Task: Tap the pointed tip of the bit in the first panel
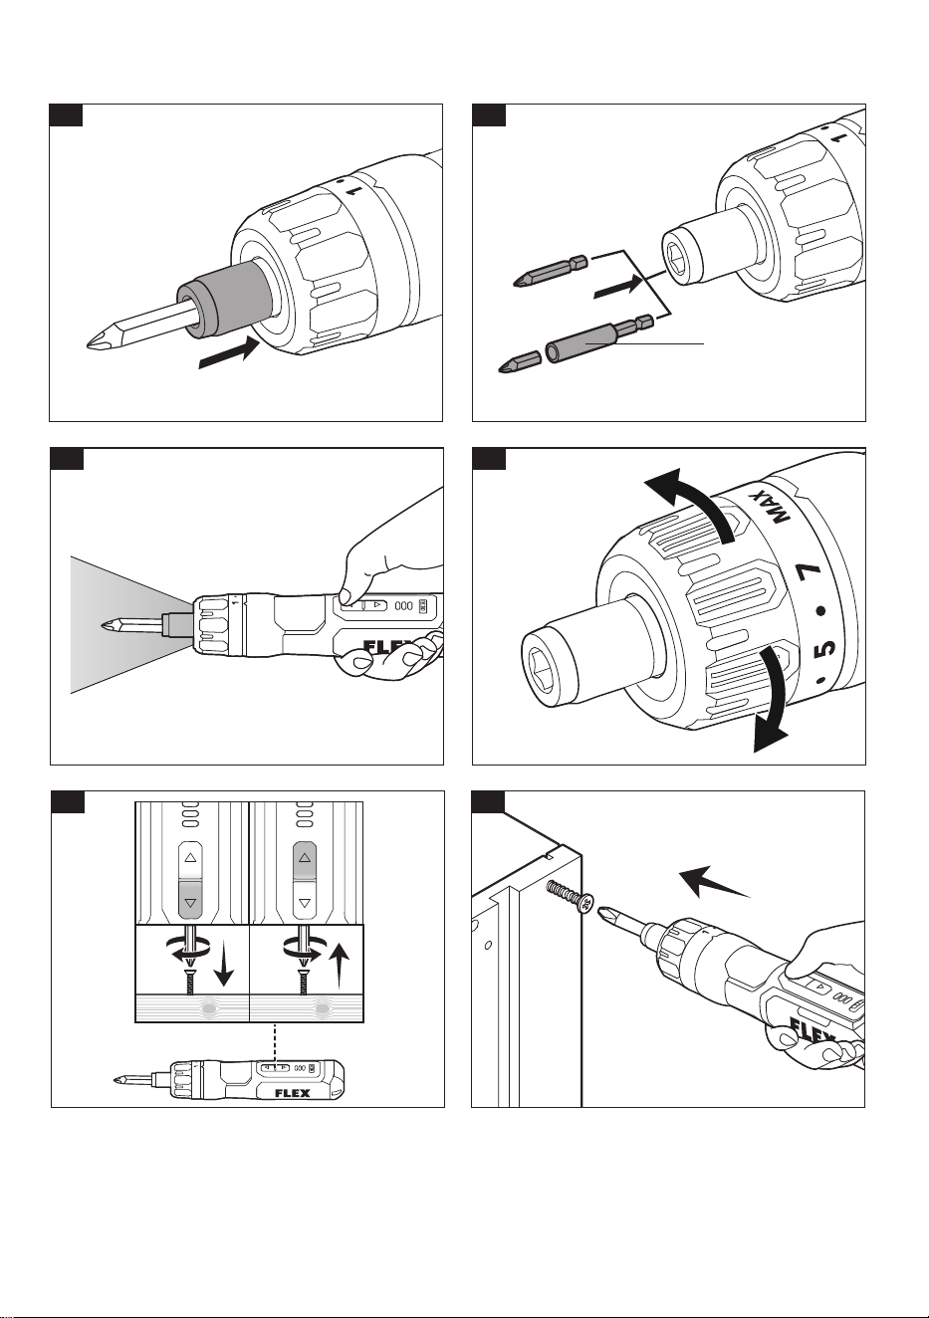(88, 344)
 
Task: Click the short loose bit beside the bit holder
(519, 362)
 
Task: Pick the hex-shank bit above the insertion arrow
(551, 271)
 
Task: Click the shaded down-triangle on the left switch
(190, 902)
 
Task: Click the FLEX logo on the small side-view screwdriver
(293, 1094)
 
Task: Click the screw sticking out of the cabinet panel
(570, 896)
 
